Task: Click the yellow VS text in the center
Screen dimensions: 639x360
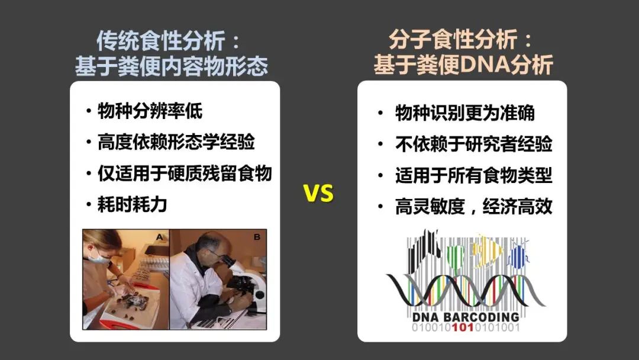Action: pos(318,193)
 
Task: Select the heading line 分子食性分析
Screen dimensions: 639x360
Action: pos(453,40)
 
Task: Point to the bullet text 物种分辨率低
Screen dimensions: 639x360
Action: pos(150,111)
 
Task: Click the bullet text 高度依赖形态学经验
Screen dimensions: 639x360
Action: pos(176,142)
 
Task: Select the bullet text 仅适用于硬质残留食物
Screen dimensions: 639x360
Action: pos(185,173)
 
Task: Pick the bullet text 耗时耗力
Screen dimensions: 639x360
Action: pos(133,204)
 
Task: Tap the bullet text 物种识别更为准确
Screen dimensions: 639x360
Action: pos(465,113)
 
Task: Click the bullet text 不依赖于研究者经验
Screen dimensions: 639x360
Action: pos(473,144)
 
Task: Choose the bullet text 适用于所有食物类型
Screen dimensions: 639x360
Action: pos(473,175)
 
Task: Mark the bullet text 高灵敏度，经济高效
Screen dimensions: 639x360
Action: pos(473,206)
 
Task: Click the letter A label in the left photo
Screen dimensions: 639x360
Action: pos(159,237)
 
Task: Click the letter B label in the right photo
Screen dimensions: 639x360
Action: pos(257,237)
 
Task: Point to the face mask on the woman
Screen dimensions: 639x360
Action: pos(98,256)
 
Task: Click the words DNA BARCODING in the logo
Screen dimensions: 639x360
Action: pos(466,317)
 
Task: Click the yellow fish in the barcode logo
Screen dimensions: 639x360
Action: pos(487,249)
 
